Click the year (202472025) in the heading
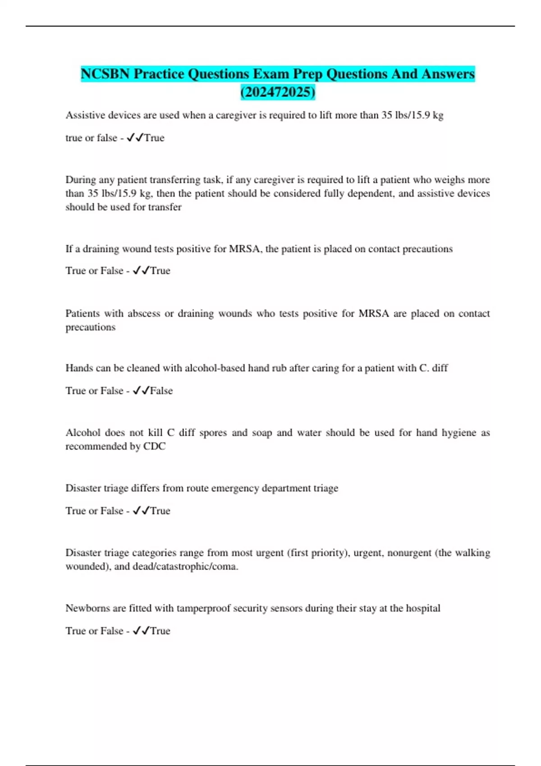[278, 92]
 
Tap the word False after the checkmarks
[161, 391]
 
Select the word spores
[213, 433]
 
